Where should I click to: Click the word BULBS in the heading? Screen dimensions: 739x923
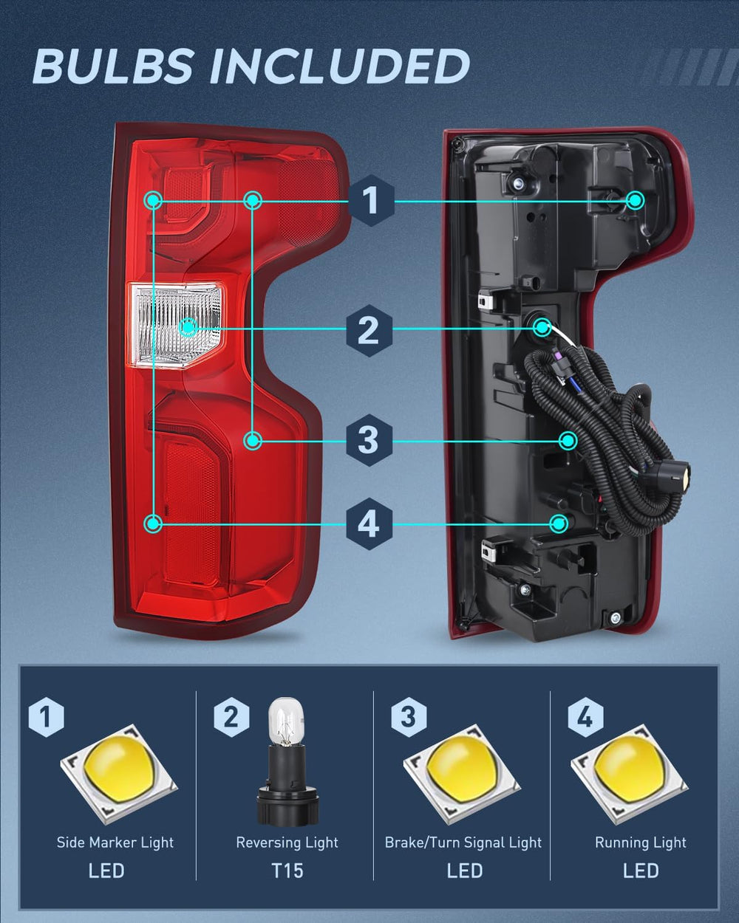click(112, 66)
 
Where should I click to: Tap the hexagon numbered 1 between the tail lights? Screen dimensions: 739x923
click(370, 200)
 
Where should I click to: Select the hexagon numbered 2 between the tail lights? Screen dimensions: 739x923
click(369, 331)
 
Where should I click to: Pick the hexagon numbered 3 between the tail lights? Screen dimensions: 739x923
click(369, 440)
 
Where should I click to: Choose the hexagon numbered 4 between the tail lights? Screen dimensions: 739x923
click(369, 524)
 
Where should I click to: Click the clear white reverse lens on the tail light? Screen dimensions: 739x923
click(176, 325)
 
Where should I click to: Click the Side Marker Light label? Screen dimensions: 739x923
click(115, 843)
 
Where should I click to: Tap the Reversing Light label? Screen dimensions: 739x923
click(287, 843)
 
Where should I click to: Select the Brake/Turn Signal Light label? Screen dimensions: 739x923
click(463, 843)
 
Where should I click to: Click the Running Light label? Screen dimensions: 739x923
click(640, 843)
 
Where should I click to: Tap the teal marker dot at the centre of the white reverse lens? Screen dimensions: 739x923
click(188, 328)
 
